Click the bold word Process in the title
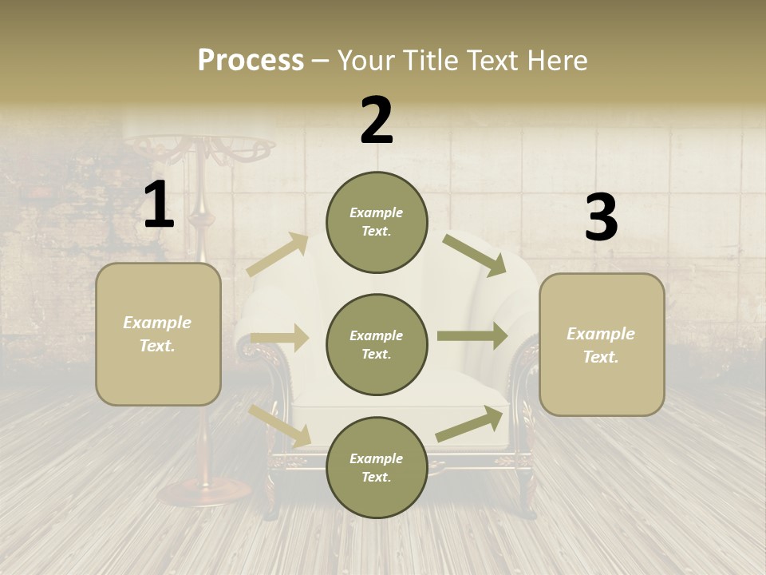251,61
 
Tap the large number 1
159,205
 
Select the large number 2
377,121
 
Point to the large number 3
601,218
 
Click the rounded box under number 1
158,334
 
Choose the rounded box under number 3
602,344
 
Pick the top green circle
377,222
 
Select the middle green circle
377,344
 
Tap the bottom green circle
377,467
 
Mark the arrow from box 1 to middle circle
279,338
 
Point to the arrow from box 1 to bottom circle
279,425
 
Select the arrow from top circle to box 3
475,255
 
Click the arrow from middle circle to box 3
472,336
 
